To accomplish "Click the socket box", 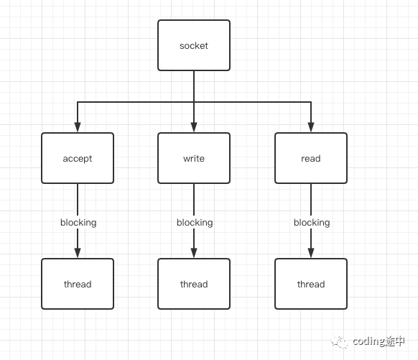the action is pos(194,45).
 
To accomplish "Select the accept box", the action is pos(78,158).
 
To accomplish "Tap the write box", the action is pos(194,158).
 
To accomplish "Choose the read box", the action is pos(311,158).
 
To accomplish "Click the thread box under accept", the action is pos(78,284).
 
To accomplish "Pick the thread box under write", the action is pos(194,284).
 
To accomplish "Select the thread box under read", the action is pos(311,284).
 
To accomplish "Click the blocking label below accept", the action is pos(78,223).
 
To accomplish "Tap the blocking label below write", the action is pos(195,223).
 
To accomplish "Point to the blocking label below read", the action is pos(312,223).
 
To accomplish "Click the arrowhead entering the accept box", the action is pos(78,127).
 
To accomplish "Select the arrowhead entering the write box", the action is pos(194,127).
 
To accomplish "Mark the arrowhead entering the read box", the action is pos(311,127).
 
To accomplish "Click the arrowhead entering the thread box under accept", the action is pos(78,253).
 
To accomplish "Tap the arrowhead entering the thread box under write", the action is pos(194,253).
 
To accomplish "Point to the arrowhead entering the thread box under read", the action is pos(311,253).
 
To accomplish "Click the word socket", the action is pos(194,46).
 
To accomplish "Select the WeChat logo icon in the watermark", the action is pos(340,341).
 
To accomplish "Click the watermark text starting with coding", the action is pos(378,341).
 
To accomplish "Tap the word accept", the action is pos(78,159).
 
